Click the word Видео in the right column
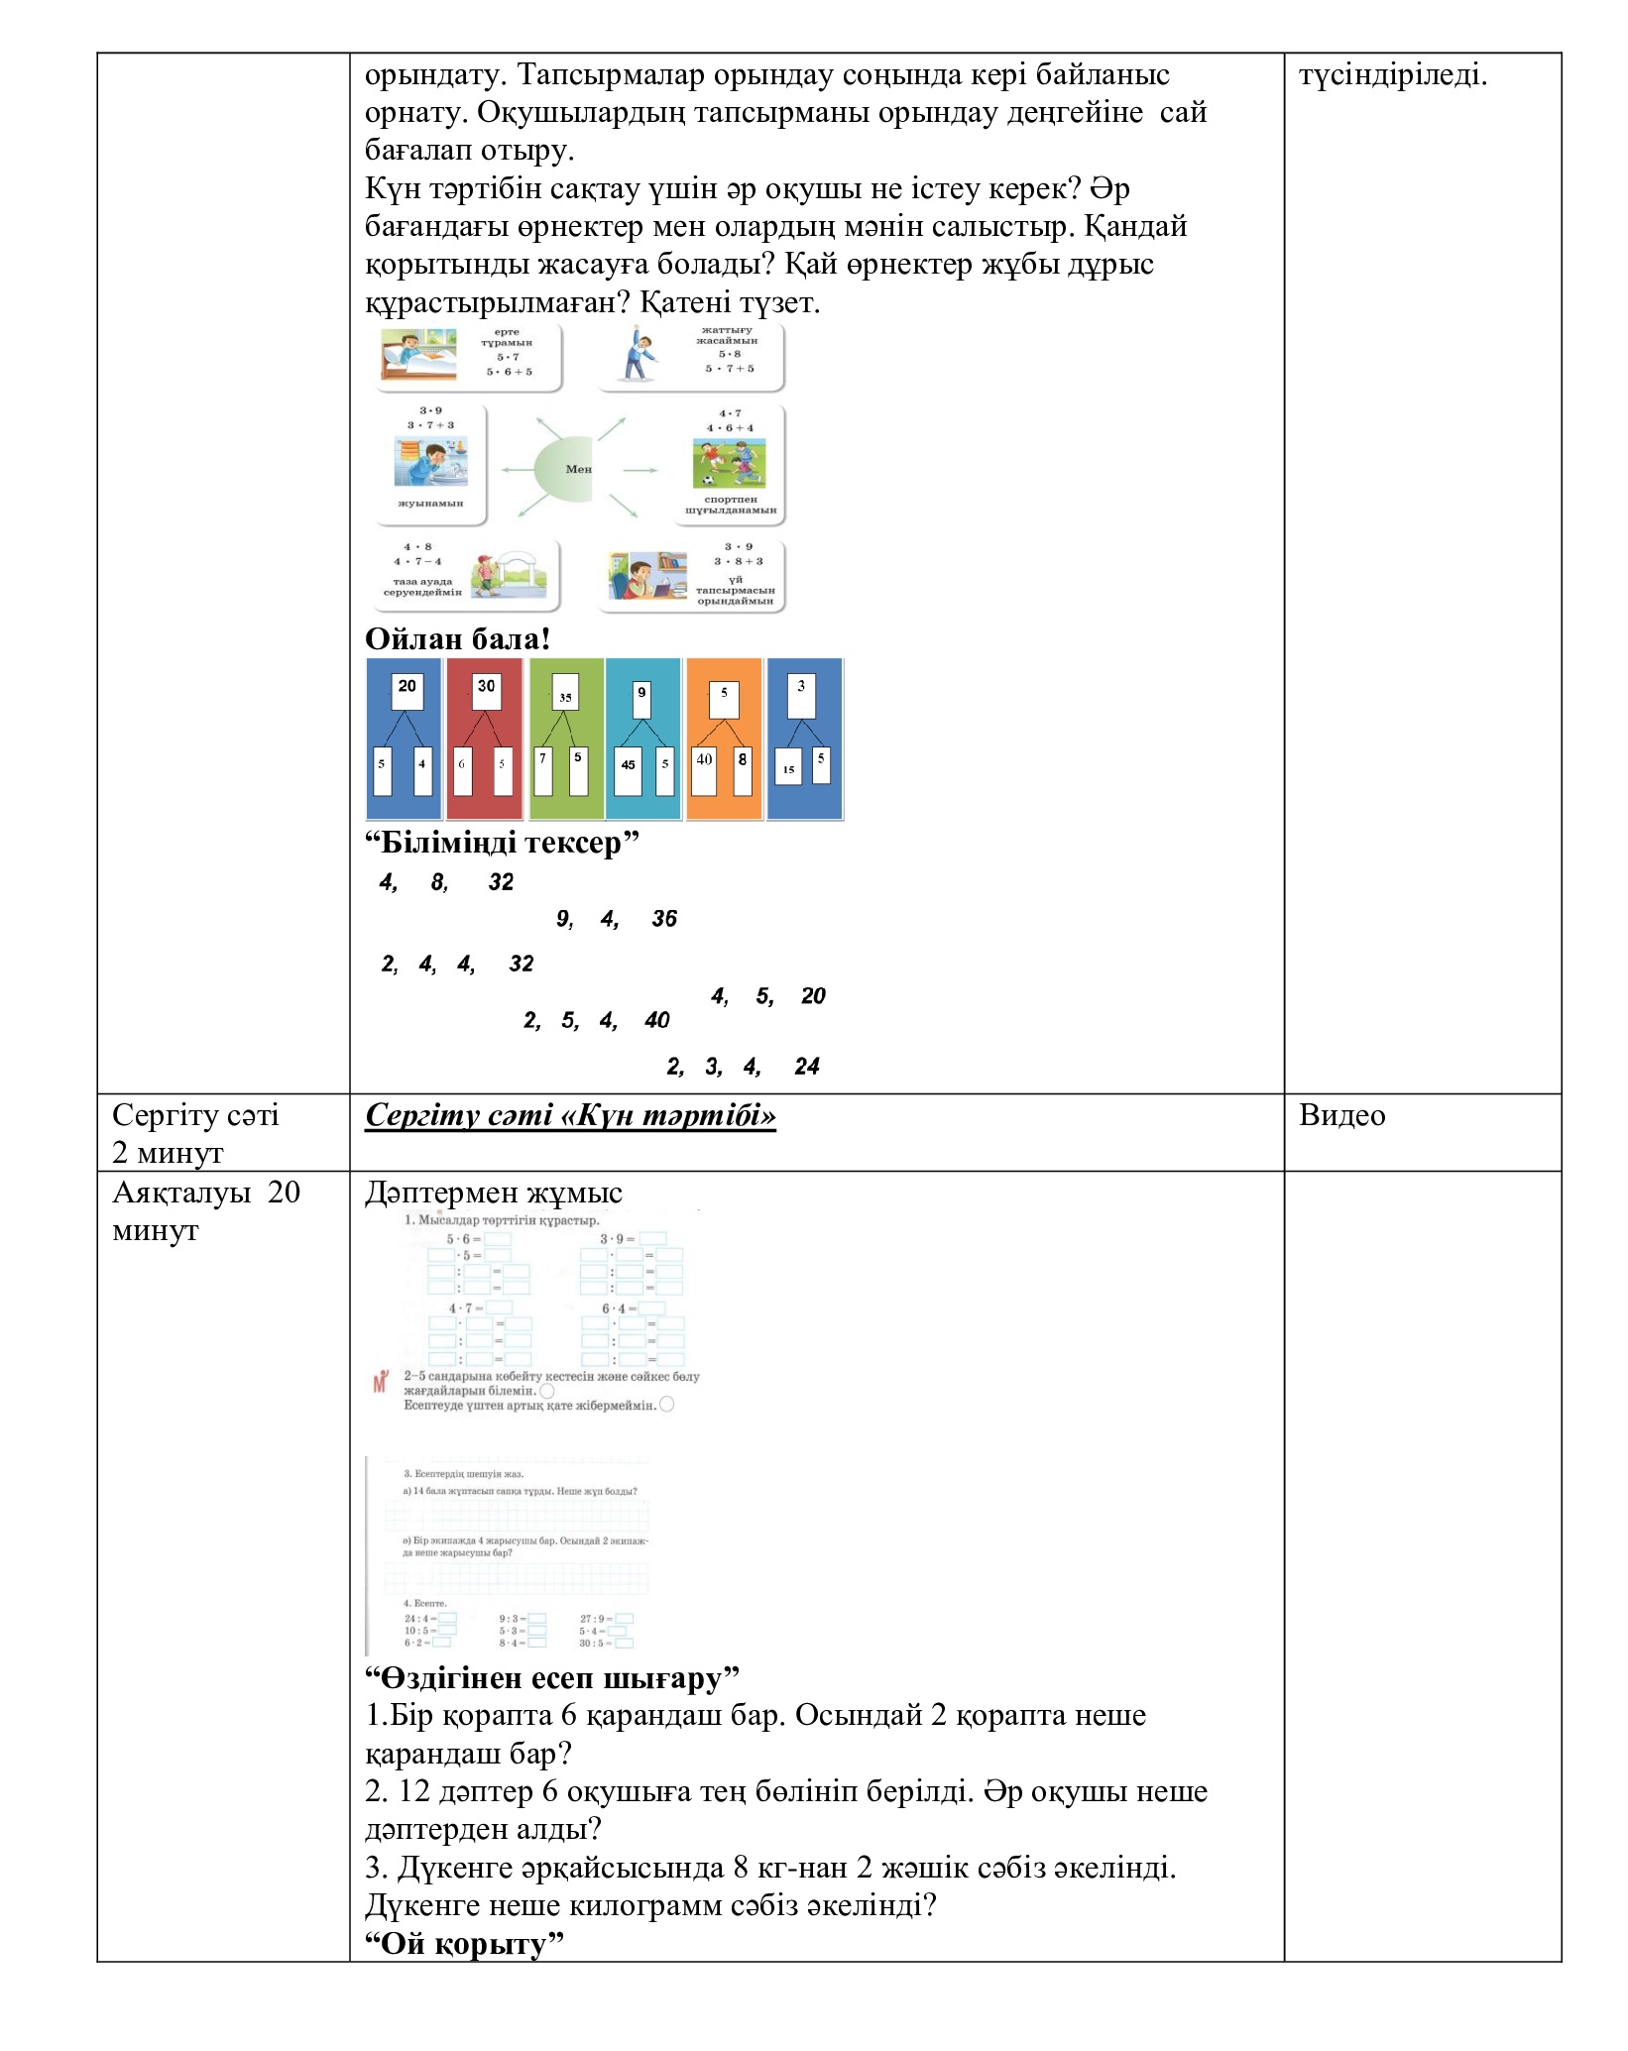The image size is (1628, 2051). (x=1341, y=1115)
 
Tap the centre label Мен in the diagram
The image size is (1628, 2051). (x=578, y=469)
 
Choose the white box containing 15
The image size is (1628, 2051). (x=789, y=769)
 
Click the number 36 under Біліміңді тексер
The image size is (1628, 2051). (x=664, y=919)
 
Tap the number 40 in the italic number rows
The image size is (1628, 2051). (x=656, y=1020)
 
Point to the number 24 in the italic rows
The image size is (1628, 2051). (x=807, y=1067)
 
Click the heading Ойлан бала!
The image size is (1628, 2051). (x=457, y=639)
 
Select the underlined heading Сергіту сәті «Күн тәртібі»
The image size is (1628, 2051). (x=570, y=1115)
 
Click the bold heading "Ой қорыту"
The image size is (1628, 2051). (x=464, y=1944)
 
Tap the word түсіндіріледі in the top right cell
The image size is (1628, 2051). (x=1393, y=75)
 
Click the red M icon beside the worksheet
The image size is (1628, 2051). (x=380, y=1383)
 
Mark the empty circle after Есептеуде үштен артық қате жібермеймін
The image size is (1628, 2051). (x=666, y=1405)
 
